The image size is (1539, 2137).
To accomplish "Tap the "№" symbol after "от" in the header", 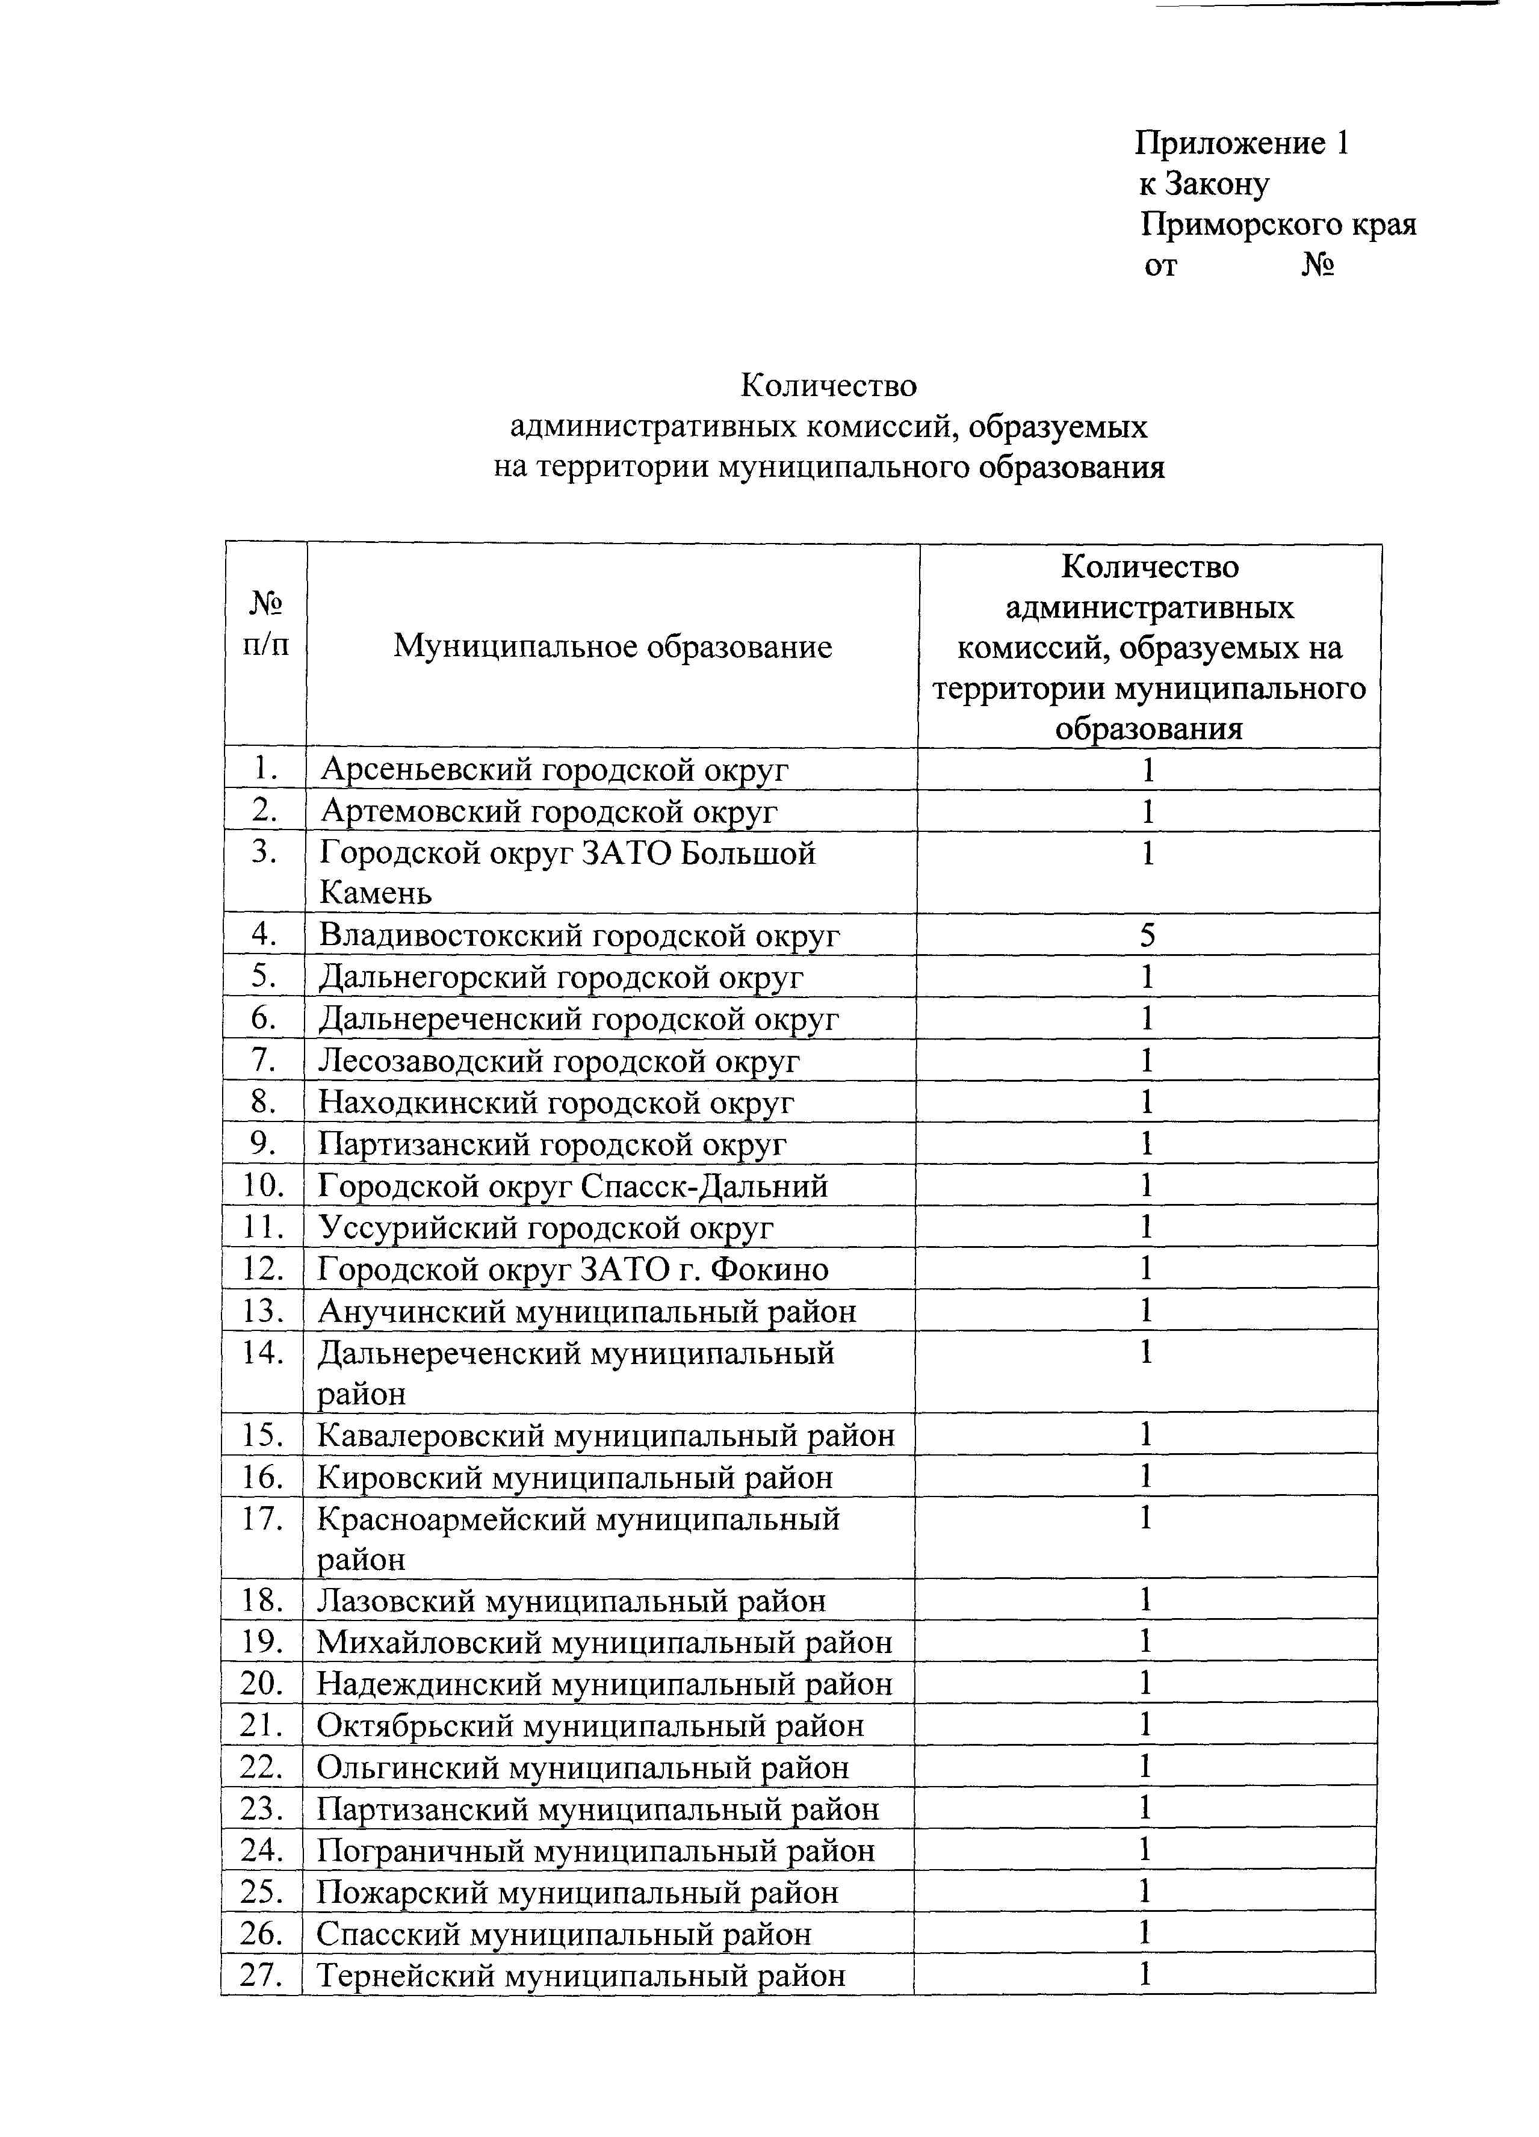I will click(1318, 265).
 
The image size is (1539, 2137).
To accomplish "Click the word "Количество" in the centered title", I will click(828, 385).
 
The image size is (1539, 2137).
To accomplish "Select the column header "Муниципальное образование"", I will click(612, 647).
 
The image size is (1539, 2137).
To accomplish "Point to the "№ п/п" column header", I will click(265, 623).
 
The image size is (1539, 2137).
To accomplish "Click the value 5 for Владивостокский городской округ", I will click(1147, 935).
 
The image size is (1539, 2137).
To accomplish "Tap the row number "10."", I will click(264, 1185).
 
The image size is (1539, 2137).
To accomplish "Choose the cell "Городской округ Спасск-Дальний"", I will click(572, 1185).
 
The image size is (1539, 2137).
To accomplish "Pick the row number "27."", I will click(262, 1974).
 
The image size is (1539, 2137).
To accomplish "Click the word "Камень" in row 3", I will click(376, 892).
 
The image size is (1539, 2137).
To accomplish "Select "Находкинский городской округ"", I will click(556, 1102).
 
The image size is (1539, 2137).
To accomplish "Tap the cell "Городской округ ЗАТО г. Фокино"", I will click(572, 1269).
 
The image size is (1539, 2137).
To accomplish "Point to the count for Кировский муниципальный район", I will click(1145, 1477).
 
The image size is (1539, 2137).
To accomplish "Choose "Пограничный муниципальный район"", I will click(595, 1850).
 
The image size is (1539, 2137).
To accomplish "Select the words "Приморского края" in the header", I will click(1278, 225).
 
